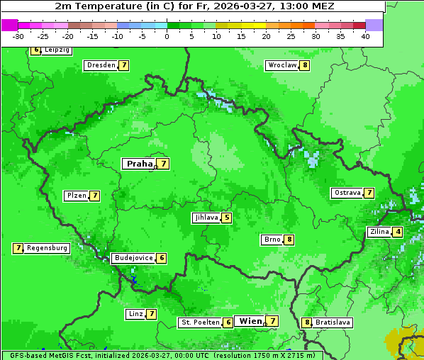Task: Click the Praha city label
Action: pyautogui.click(x=139, y=164)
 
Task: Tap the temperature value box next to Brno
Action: pyautogui.click(x=289, y=240)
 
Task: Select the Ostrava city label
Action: pyautogui.click(x=347, y=193)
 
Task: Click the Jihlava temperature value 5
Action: pyautogui.click(x=226, y=218)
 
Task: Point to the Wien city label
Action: pyautogui.click(x=251, y=321)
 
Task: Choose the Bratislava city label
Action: pyautogui.click(x=333, y=322)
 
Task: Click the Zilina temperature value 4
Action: pyautogui.click(x=398, y=232)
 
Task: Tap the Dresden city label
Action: pyautogui.click(x=101, y=65)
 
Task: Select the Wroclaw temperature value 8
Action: pyautogui.click(x=305, y=65)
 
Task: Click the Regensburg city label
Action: pyautogui.click(x=48, y=248)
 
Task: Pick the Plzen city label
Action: pyautogui.click(x=76, y=196)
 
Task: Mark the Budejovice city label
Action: pyautogui.click(x=133, y=258)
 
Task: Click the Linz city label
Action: pyautogui.click(x=135, y=314)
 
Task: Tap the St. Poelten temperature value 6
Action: pyautogui.click(x=228, y=322)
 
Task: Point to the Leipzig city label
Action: pyautogui.click(x=57, y=50)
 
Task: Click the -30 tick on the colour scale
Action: pyautogui.click(x=18, y=36)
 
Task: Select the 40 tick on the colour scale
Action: pyautogui.click(x=365, y=36)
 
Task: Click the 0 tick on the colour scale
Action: pyautogui.click(x=167, y=36)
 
